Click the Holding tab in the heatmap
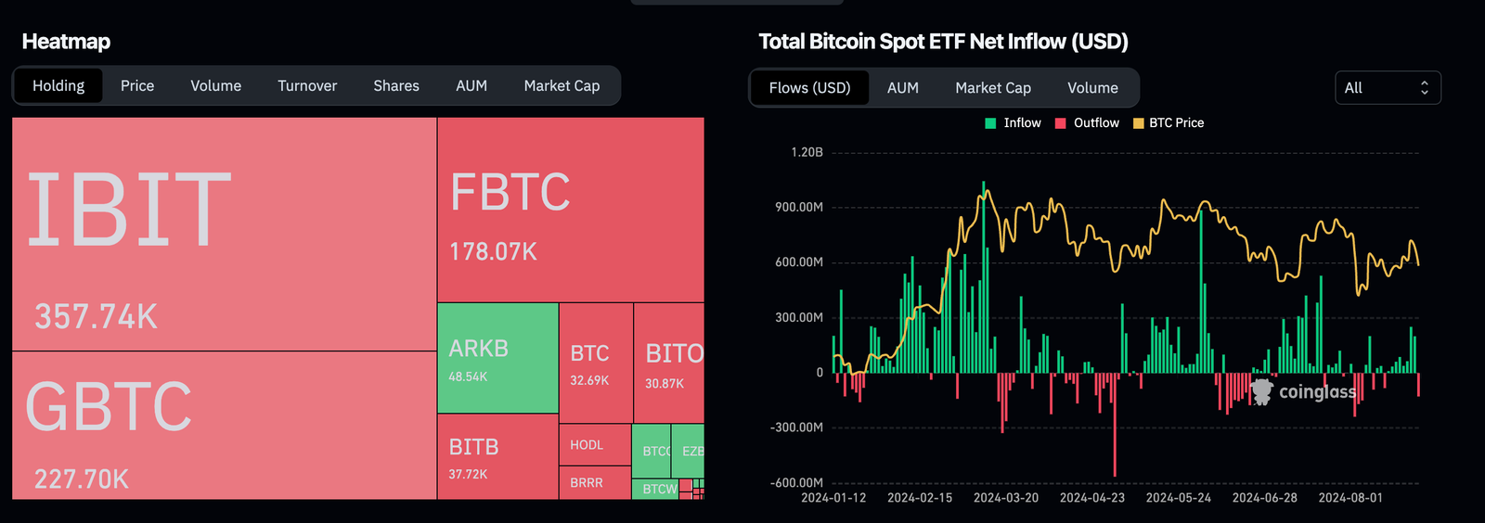click(x=58, y=85)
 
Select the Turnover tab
click(x=307, y=85)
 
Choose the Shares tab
click(x=396, y=85)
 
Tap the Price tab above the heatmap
click(x=137, y=85)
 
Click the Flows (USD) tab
click(x=809, y=88)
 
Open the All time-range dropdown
click(x=1387, y=88)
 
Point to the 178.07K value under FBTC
click(x=493, y=251)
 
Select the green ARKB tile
click(x=497, y=358)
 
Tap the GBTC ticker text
click(x=109, y=407)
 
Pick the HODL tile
click(x=594, y=445)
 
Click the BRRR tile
click(x=594, y=483)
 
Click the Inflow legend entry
click(x=1014, y=122)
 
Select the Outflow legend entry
click(x=1088, y=122)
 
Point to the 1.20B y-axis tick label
click(x=807, y=152)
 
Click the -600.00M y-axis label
click(x=796, y=482)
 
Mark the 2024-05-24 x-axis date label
click(x=1178, y=498)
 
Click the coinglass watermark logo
click(x=1303, y=392)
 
